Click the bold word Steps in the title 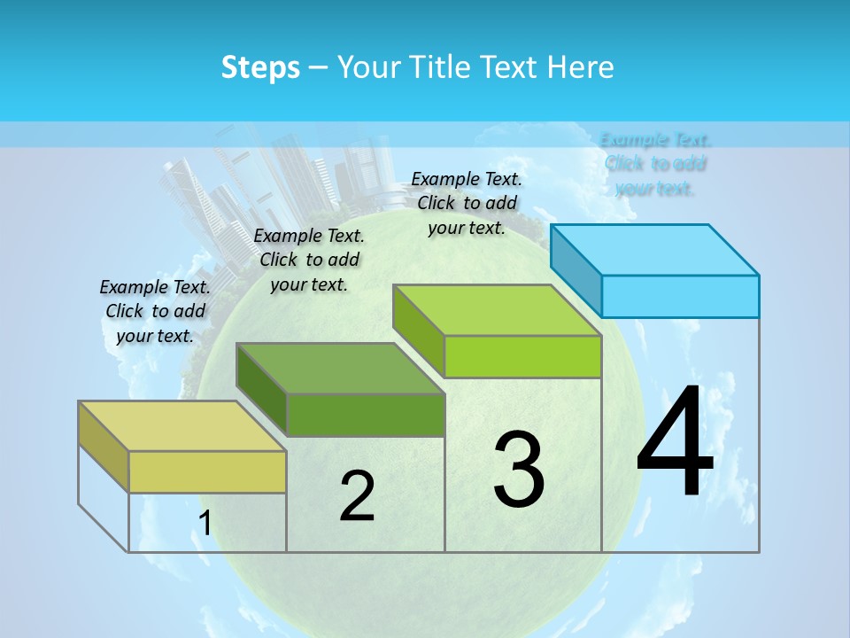260,68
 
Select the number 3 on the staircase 519,469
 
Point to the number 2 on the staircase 357,496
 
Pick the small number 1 205,524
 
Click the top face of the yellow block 182,426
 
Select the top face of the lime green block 497,311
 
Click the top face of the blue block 655,250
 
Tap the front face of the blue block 680,296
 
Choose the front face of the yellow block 207,471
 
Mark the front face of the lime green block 522,356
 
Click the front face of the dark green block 365,415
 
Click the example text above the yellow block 155,311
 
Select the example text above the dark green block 309,260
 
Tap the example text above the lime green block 467,203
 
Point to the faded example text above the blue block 655,164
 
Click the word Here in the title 581,67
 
